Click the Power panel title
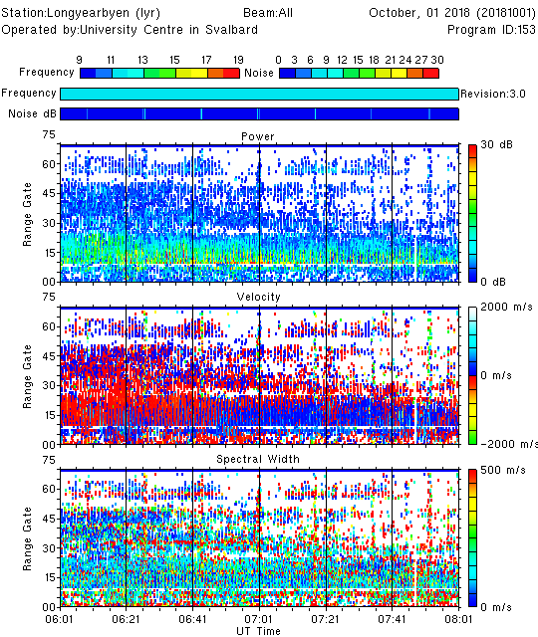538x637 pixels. pyautogui.click(x=258, y=136)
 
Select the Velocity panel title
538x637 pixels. pyautogui.click(x=259, y=297)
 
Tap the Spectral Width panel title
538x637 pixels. pyautogui.click(x=258, y=459)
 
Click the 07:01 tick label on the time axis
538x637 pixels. pyautogui.click(x=259, y=619)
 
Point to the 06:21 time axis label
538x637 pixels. pyautogui.click(x=126, y=619)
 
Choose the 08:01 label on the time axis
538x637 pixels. pyautogui.click(x=458, y=619)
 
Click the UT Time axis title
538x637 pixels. pyautogui.click(x=259, y=631)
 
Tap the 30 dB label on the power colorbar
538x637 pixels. pyautogui.click(x=496, y=144)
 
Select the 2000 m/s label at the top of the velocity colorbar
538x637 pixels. pyautogui.click(x=506, y=308)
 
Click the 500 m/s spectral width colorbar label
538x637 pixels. pyautogui.click(x=503, y=471)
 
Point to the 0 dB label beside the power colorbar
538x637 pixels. pyautogui.click(x=493, y=282)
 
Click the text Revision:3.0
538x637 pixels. pyautogui.click(x=493, y=94)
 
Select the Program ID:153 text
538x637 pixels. pyautogui.click(x=491, y=30)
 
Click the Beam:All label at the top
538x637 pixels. pyautogui.click(x=268, y=13)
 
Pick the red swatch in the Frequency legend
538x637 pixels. pyautogui.click(x=231, y=73)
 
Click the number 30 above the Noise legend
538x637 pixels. pyautogui.click(x=437, y=60)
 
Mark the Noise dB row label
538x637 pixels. pyautogui.click(x=32, y=113)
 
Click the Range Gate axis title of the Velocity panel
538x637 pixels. pyautogui.click(x=27, y=376)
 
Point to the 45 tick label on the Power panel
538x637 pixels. pyautogui.click(x=49, y=193)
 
